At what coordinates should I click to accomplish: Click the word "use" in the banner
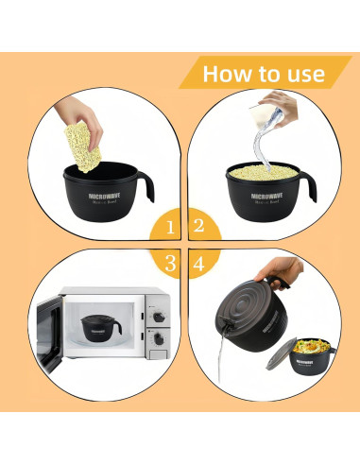point(303,74)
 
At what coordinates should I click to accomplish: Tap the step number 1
point(170,227)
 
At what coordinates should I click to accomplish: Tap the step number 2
point(198,227)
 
